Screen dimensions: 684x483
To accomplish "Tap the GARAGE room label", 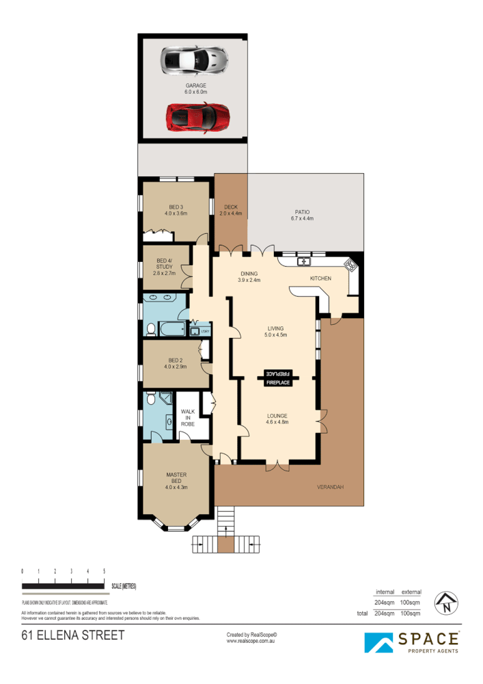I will (x=195, y=85).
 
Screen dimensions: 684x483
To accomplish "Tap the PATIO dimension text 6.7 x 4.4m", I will (x=301, y=220).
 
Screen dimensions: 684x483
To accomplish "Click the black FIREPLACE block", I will (x=278, y=378).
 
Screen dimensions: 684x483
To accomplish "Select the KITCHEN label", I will (x=320, y=278).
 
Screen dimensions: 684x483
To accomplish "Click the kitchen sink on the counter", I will (x=303, y=261).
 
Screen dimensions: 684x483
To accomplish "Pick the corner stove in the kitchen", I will (x=350, y=264).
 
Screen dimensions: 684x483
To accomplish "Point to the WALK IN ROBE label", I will (x=187, y=417).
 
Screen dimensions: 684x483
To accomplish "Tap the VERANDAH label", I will (x=329, y=487).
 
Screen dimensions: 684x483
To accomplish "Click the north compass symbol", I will (x=447, y=602).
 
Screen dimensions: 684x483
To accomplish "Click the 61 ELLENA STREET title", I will (x=73, y=635).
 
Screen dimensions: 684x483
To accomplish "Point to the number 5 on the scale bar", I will (x=104, y=570).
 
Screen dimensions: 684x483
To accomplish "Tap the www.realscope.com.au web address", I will (x=251, y=641).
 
